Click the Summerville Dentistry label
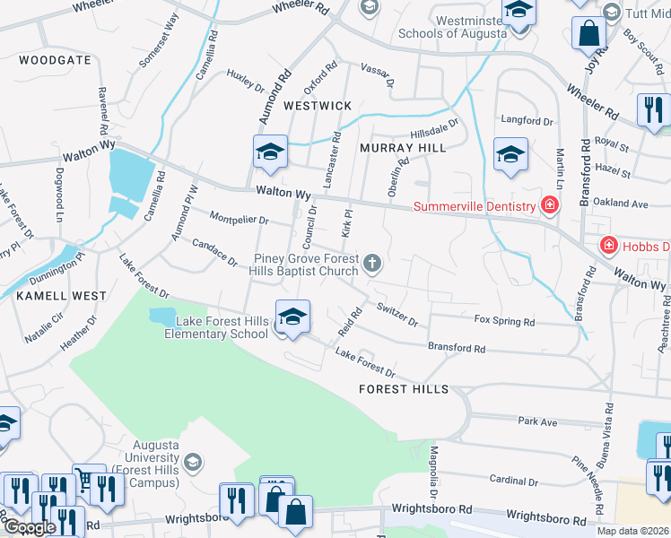point(474,207)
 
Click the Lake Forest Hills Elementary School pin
point(292,318)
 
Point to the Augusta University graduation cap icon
point(191,463)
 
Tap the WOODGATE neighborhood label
point(53,60)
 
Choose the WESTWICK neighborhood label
point(318,106)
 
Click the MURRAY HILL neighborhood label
point(402,148)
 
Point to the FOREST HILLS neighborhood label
point(403,389)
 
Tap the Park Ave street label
point(537,421)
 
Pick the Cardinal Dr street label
point(513,482)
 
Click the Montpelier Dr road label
point(239,219)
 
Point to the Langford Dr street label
point(527,120)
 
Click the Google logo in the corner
point(30,527)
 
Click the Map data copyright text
point(633,531)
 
